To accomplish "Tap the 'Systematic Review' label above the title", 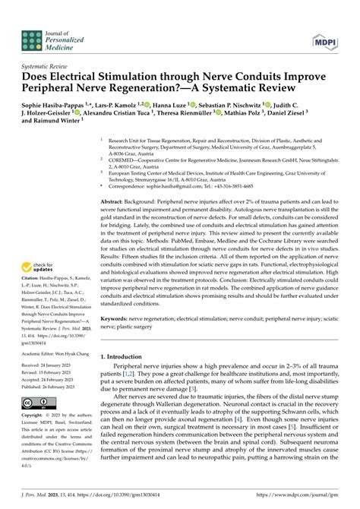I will click(45, 66).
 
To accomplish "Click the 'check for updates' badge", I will click(39, 268).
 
